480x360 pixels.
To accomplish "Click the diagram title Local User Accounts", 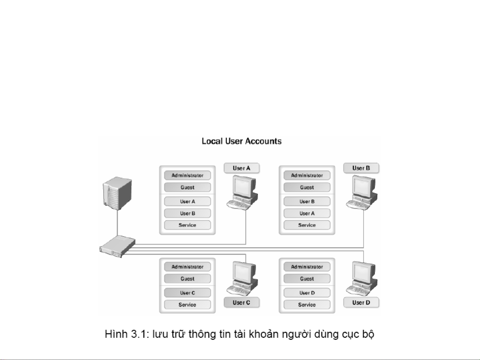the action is pos(241,141).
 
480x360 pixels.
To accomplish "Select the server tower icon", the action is pos(117,193).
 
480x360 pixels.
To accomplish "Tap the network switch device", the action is pos(117,246).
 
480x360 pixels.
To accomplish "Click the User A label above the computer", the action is pos(241,168).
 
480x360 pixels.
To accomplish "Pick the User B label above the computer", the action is pos(361,168).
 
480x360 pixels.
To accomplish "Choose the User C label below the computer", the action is pos(241,302).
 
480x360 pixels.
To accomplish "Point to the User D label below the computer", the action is pos(361,302).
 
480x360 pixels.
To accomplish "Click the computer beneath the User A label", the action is pos(242,192).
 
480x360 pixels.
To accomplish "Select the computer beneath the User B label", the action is pos(362,192).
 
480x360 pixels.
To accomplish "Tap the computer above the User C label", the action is pos(242,278).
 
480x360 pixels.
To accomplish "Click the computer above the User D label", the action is pos(362,278).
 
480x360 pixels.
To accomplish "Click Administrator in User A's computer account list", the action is pos(188,175).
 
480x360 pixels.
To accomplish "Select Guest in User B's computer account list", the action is pos(307,187).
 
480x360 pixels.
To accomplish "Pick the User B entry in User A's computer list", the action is pos(188,213).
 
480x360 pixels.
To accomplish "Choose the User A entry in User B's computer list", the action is pos(307,213).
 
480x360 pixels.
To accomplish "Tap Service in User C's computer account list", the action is pos(188,305).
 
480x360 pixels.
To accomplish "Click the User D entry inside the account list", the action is pos(307,293).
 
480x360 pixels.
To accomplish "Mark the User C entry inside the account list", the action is pos(188,293).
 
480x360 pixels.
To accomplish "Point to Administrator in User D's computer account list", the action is pos(307,267).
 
